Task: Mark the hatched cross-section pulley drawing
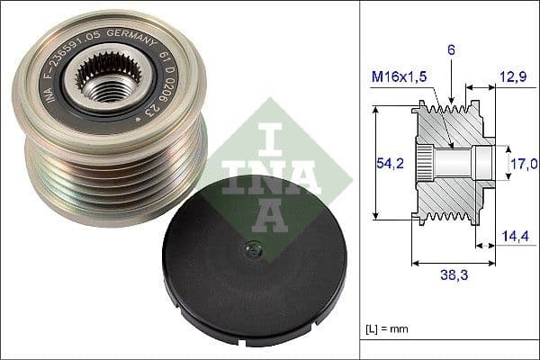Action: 453,165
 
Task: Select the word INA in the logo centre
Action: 266,175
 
